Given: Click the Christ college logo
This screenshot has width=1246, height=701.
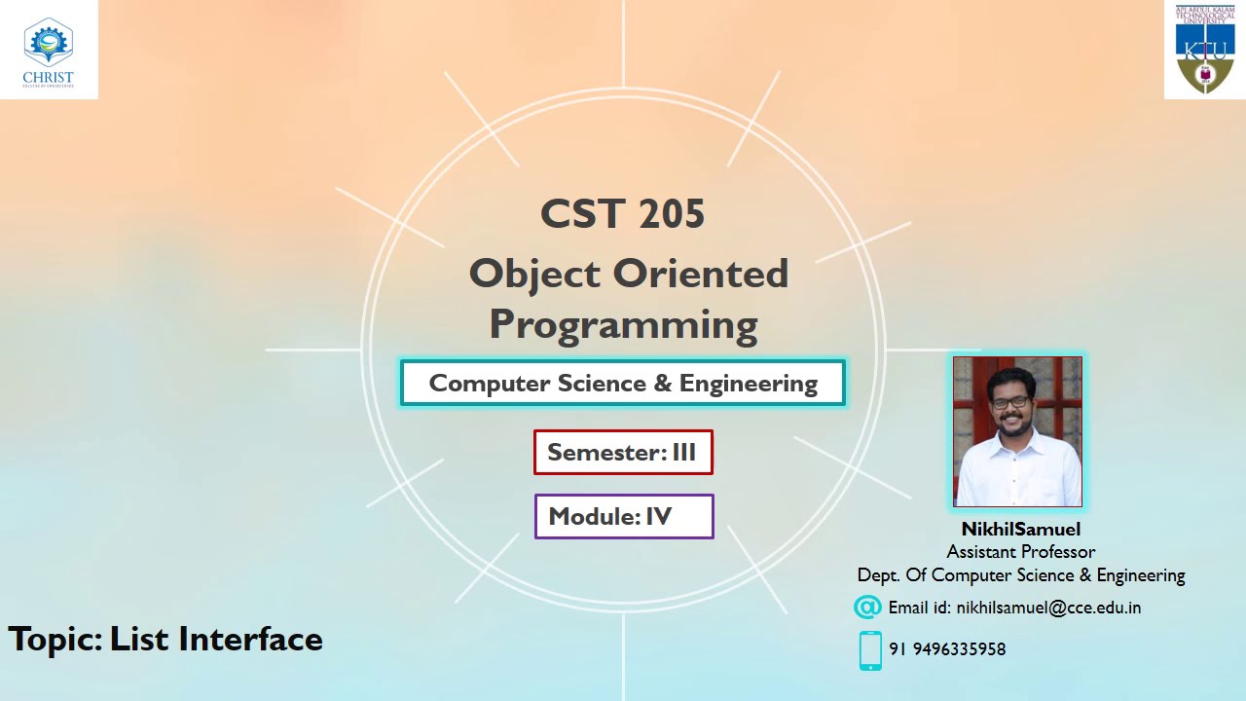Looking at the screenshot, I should pyautogui.click(x=48, y=49).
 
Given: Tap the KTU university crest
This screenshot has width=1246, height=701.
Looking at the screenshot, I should pyautogui.click(x=1205, y=50).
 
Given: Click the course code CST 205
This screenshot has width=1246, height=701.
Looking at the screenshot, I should pyautogui.click(x=623, y=214).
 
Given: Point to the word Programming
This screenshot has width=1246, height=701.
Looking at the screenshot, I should pyautogui.click(x=623, y=325).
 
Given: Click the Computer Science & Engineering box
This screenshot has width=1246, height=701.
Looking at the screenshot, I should pyautogui.click(x=623, y=384).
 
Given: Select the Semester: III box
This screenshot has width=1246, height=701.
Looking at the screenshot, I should pyautogui.click(x=623, y=453).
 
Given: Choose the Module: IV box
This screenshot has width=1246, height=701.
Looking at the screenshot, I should pyautogui.click(x=623, y=517).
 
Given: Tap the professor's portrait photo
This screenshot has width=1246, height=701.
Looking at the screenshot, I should pyautogui.click(x=1017, y=431).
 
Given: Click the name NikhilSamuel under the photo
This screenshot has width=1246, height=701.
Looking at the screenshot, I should pyautogui.click(x=1020, y=530).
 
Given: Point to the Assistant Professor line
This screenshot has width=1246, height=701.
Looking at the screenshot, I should pyautogui.click(x=1020, y=552).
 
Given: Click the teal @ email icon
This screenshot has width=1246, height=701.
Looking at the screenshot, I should pyautogui.click(x=867, y=608).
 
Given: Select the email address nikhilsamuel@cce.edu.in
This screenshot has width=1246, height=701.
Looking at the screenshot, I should pyautogui.click(x=1048, y=608).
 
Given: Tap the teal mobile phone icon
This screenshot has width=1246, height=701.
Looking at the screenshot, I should pyautogui.click(x=870, y=650).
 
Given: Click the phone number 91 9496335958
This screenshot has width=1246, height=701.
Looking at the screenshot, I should pyautogui.click(x=947, y=649).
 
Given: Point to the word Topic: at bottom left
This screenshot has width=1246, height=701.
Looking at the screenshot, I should pyautogui.click(x=55, y=640).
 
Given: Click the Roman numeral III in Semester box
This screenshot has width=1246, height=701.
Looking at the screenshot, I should pyautogui.click(x=683, y=453).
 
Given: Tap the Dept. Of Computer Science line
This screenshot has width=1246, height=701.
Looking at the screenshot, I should pyautogui.click(x=1020, y=575).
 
